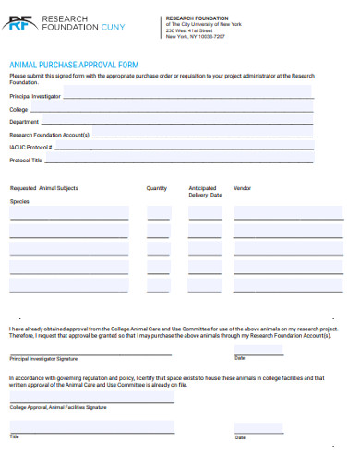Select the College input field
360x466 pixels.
coord(175,108)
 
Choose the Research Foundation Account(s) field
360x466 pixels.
coord(203,134)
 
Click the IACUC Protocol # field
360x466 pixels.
coord(185,147)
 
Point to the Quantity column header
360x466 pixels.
coord(157,188)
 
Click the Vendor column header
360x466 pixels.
coord(243,188)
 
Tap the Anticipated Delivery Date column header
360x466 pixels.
coord(205,192)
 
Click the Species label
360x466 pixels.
coord(20,201)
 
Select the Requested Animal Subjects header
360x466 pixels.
coord(44,188)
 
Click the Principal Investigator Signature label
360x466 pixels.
coord(43,358)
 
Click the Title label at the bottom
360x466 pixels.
coord(15,436)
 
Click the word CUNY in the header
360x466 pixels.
coord(114,28)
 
